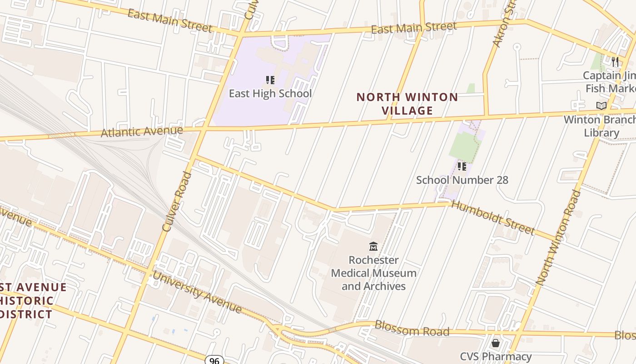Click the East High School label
[270, 94]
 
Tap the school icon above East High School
[270, 81]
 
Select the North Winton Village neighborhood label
[407, 104]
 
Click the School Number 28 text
[462, 180]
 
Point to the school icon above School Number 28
[462, 167]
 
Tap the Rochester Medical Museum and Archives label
[373, 273]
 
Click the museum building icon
[373, 247]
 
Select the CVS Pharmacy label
[496, 356]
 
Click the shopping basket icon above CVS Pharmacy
[496, 343]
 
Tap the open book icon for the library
[601, 106]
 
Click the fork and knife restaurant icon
[615, 61]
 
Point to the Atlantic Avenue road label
[142, 132]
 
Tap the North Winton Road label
[558, 238]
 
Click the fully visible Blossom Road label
[412, 329]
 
